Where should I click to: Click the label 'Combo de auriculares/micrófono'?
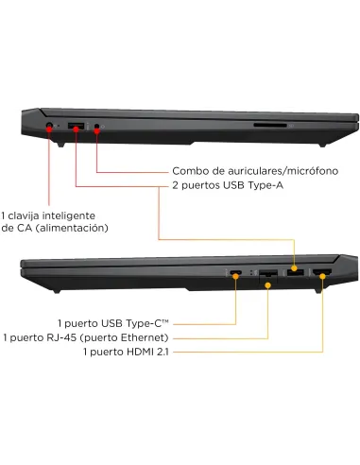255,171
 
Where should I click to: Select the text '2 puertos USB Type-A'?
228,185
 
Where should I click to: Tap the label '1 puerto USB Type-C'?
113,323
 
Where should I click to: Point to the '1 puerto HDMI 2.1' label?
126,352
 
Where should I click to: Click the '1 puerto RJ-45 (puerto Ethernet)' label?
86,337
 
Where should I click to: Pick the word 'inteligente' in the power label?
69,216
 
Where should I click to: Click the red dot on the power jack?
49,129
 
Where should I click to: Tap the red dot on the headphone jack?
97,130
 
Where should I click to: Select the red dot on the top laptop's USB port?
76,129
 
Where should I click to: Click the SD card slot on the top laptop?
270,126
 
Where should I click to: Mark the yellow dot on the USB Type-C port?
235,276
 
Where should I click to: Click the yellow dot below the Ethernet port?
267,285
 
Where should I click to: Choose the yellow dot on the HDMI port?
322,276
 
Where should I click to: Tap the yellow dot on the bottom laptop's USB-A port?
294,268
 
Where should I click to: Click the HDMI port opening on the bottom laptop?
322,272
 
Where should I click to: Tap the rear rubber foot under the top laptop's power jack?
60,145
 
